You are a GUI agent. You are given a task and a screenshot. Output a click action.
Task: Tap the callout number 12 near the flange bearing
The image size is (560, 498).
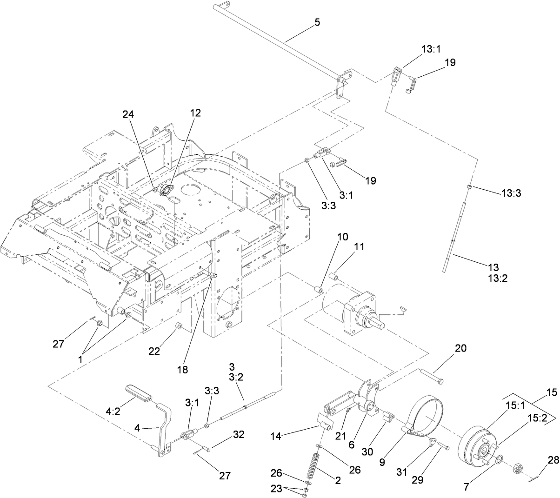[195, 113]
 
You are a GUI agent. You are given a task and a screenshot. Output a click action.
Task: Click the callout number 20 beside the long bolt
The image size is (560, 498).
[460, 348]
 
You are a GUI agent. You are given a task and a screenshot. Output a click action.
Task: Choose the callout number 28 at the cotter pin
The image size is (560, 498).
[553, 460]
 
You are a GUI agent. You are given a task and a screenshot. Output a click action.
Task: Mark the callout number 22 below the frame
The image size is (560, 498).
[154, 352]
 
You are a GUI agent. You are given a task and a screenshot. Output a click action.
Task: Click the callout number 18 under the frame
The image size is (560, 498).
[182, 370]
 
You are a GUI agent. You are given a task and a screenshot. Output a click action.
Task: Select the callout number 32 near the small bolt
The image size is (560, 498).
[238, 435]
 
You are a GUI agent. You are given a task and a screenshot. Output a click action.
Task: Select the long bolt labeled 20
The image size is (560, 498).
[432, 376]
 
